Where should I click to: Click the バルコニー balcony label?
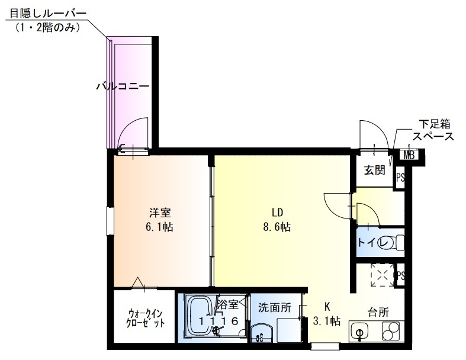point(123,86)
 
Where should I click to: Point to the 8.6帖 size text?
point(277,227)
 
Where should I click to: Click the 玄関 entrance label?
point(374,171)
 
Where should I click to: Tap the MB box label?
point(409,156)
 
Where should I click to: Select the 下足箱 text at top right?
point(435,124)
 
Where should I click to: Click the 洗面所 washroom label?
point(274,307)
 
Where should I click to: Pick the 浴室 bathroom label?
point(227,305)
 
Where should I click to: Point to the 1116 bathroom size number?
point(218,321)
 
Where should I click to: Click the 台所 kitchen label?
point(378,313)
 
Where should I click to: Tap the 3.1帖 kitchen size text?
point(326,322)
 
